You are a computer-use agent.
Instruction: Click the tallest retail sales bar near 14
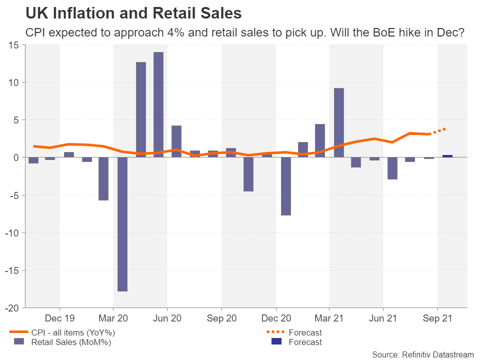(158, 104)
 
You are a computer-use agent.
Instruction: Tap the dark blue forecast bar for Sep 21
(447, 156)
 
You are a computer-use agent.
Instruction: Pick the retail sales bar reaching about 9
(339, 122)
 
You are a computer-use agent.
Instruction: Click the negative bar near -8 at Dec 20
(286, 186)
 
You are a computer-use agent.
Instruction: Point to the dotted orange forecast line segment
(438, 131)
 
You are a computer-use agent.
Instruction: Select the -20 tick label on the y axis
(11, 308)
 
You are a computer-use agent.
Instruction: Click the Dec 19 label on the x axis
(59, 318)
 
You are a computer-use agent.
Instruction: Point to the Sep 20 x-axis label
(221, 318)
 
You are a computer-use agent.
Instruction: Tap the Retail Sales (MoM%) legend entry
(70, 342)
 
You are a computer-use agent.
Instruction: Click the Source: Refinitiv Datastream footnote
(423, 354)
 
